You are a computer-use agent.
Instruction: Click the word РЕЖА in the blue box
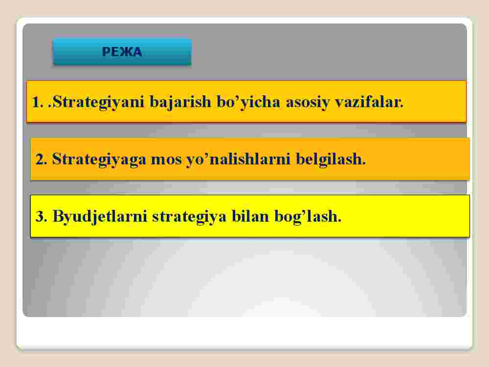(x=122, y=52)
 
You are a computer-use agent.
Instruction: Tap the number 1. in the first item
(x=38, y=102)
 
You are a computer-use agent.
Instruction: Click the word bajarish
(x=180, y=102)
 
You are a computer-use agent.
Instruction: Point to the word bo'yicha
(x=248, y=102)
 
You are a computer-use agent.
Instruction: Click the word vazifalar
(x=369, y=102)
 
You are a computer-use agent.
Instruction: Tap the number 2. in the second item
(x=41, y=159)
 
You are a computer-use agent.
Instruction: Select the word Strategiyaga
(x=99, y=159)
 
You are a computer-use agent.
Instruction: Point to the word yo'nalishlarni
(x=239, y=159)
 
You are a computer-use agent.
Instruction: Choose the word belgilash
(x=331, y=159)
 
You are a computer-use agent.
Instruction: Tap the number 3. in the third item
(x=41, y=216)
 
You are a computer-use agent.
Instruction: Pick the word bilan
(x=250, y=216)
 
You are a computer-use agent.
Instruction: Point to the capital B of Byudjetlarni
(x=58, y=216)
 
